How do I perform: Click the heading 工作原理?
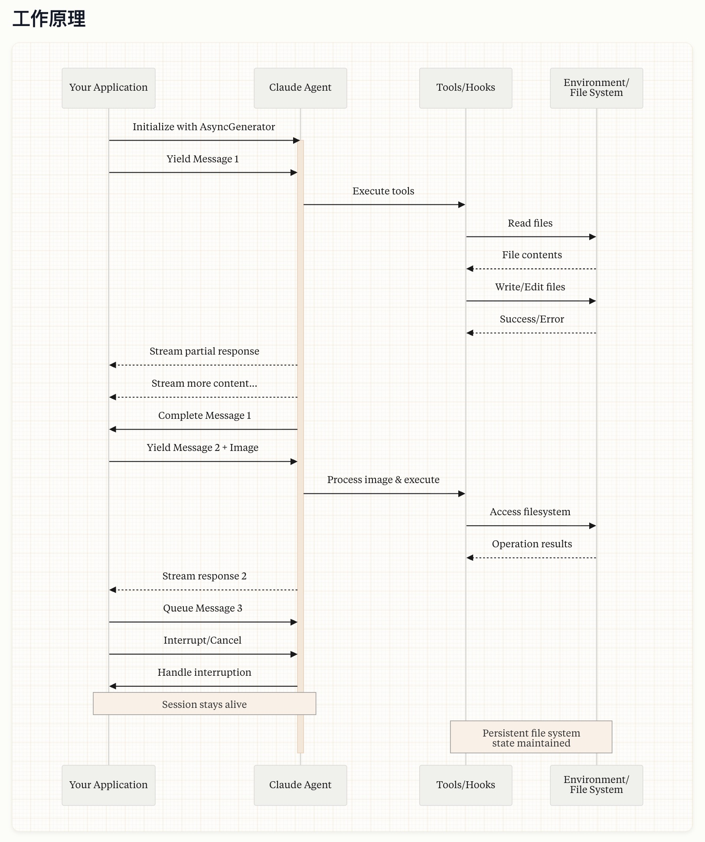[49, 20]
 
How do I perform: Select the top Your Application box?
[108, 88]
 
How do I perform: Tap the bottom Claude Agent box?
[300, 785]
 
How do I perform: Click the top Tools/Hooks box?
[465, 88]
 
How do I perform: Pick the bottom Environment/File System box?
[596, 785]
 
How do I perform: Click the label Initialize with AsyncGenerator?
[204, 127]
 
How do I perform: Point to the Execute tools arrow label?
[383, 191]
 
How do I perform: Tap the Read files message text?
[530, 223]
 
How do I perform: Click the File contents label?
[532, 255]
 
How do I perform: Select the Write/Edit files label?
[530, 287]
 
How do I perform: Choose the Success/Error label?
[532, 319]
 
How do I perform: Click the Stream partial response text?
[204, 351]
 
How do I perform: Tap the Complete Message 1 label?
[204, 415]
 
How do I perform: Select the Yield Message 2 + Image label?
[202, 447]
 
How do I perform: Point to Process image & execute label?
[383, 480]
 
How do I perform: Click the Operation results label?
[532, 544]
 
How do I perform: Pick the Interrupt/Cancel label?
[202, 640]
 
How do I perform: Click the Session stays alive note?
[204, 704]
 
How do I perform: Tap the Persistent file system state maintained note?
[531, 738]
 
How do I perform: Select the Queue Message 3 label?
[202, 608]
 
